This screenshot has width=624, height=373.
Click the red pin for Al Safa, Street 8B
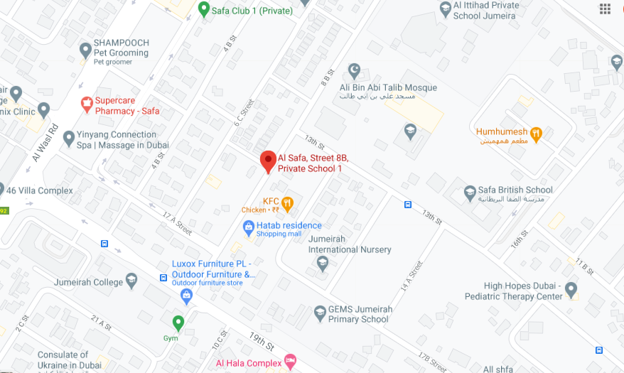click(x=268, y=161)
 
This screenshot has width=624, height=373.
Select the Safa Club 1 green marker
click(x=203, y=9)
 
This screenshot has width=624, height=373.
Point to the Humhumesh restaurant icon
click(x=537, y=133)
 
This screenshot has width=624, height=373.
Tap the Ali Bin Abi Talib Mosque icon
click(x=354, y=70)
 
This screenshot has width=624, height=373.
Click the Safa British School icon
click(x=470, y=192)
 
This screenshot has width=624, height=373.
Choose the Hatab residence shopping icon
click(x=248, y=228)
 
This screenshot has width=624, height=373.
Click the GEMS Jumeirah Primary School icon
click(x=320, y=313)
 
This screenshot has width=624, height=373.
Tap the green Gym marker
click(x=178, y=322)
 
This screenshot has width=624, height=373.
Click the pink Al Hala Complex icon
click(x=290, y=362)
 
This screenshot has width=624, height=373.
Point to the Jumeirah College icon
click(x=131, y=281)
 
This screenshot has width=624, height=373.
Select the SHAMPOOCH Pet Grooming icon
click(x=85, y=50)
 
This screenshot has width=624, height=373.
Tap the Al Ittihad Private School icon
click(x=445, y=10)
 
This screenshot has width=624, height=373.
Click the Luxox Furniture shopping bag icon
click(x=186, y=295)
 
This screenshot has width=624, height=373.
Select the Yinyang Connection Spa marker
click(x=69, y=138)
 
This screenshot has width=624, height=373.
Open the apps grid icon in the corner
click(x=605, y=9)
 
